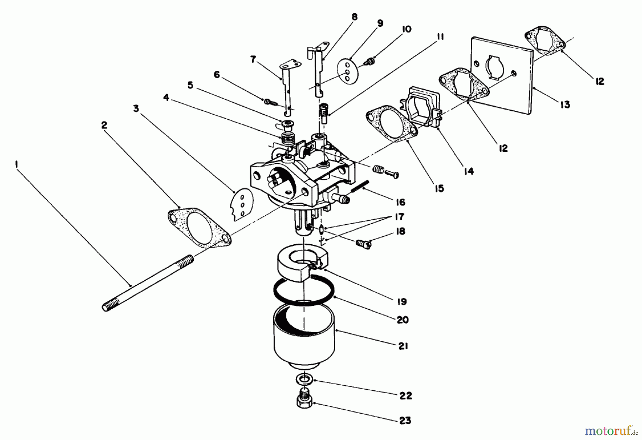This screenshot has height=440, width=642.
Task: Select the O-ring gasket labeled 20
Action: (304, 290)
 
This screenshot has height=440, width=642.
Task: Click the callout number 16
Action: (400, 202)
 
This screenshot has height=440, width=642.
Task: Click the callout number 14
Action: (469, 171)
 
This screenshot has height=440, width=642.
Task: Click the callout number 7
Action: (253, 59)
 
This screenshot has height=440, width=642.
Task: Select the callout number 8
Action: (354, 17)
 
